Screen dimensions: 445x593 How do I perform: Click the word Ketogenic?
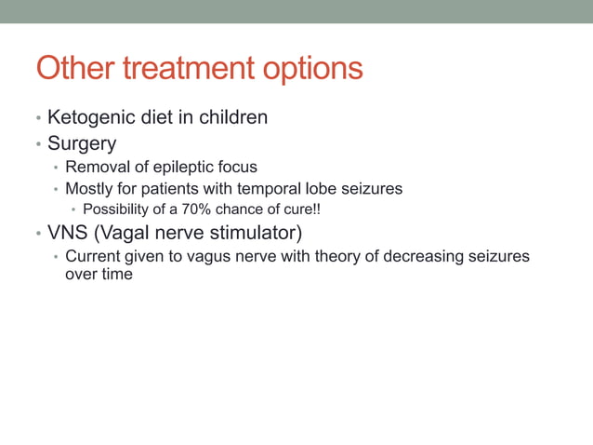[92, 118]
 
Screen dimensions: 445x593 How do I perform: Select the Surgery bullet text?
[82, 144]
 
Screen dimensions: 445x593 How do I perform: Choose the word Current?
[92, 256]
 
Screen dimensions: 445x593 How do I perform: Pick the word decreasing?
[419, 257]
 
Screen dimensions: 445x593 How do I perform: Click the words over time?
[99, 275]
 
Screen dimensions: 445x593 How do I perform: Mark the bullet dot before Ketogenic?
[38, 119]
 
